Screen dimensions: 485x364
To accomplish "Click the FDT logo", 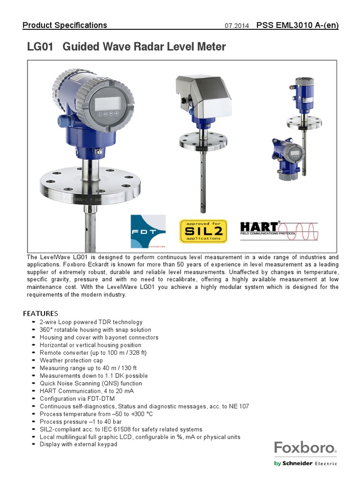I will point(148,231).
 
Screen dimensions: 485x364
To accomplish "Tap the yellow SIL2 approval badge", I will point(203,231).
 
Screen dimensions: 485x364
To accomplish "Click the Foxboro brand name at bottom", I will point(305,448).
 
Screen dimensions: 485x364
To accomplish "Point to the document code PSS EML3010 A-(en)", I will point(297,26).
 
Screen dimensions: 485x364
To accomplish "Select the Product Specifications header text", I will point(65,26).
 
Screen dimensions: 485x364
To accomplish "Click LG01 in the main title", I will point(40,47).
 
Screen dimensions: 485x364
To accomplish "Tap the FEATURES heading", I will point(40,314).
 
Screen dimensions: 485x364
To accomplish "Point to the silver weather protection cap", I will point(203,95).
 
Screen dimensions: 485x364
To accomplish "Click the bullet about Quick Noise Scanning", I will point(91,383).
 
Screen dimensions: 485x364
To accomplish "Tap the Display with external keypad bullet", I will point(78,444).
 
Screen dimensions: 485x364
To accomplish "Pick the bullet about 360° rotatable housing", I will point(95,330).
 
